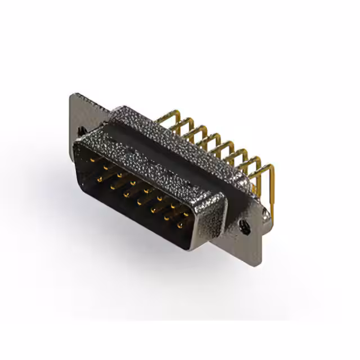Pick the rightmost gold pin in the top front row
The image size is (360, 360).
coord(185,215)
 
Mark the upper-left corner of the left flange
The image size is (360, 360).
coord(72,94)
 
